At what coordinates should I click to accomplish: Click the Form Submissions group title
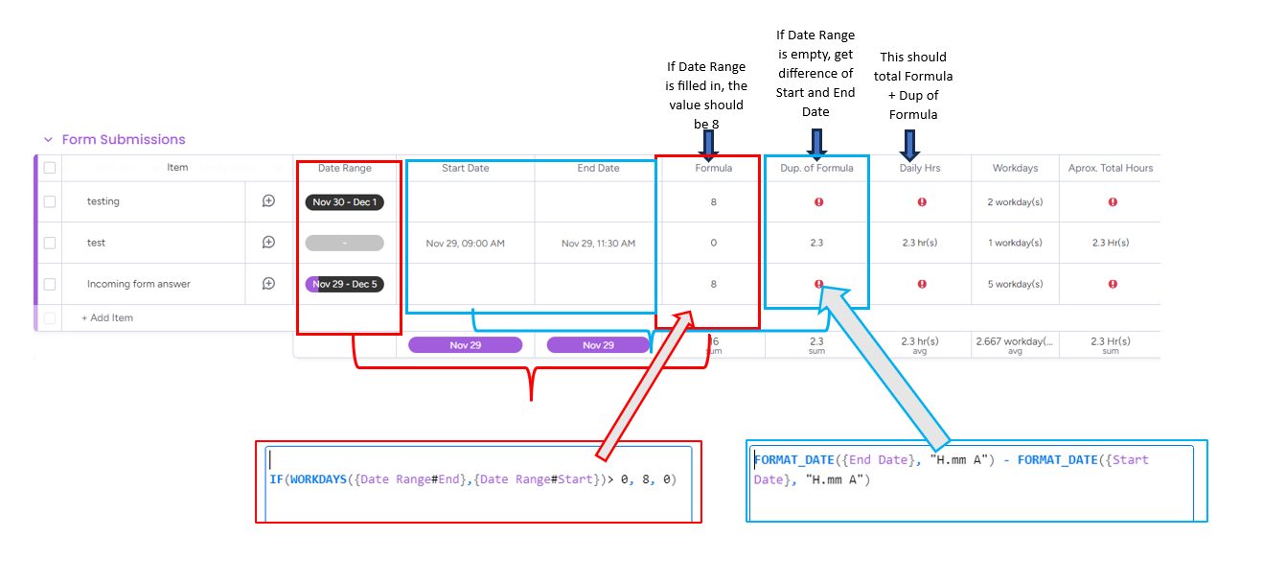124,140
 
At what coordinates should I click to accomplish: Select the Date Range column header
344,169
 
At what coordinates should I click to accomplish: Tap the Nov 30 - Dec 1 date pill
344,202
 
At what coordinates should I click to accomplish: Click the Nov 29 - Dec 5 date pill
344,285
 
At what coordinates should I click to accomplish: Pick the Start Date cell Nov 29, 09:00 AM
465,244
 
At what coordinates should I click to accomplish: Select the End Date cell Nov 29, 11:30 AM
598,244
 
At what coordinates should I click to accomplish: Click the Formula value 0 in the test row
713,244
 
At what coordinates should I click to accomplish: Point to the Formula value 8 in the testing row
713,202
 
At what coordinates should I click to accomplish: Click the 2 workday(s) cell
1015,202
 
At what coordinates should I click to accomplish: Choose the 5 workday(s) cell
1015,285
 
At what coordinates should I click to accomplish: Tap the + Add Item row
107,318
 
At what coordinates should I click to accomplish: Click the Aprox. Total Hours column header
1111,169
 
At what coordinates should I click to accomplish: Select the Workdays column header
1015,169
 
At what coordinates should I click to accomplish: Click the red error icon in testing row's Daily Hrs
921,202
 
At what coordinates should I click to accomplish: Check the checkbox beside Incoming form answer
50,285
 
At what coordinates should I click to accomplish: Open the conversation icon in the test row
268,244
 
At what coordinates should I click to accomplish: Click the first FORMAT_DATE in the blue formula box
792,460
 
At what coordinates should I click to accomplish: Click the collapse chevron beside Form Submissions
48,140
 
